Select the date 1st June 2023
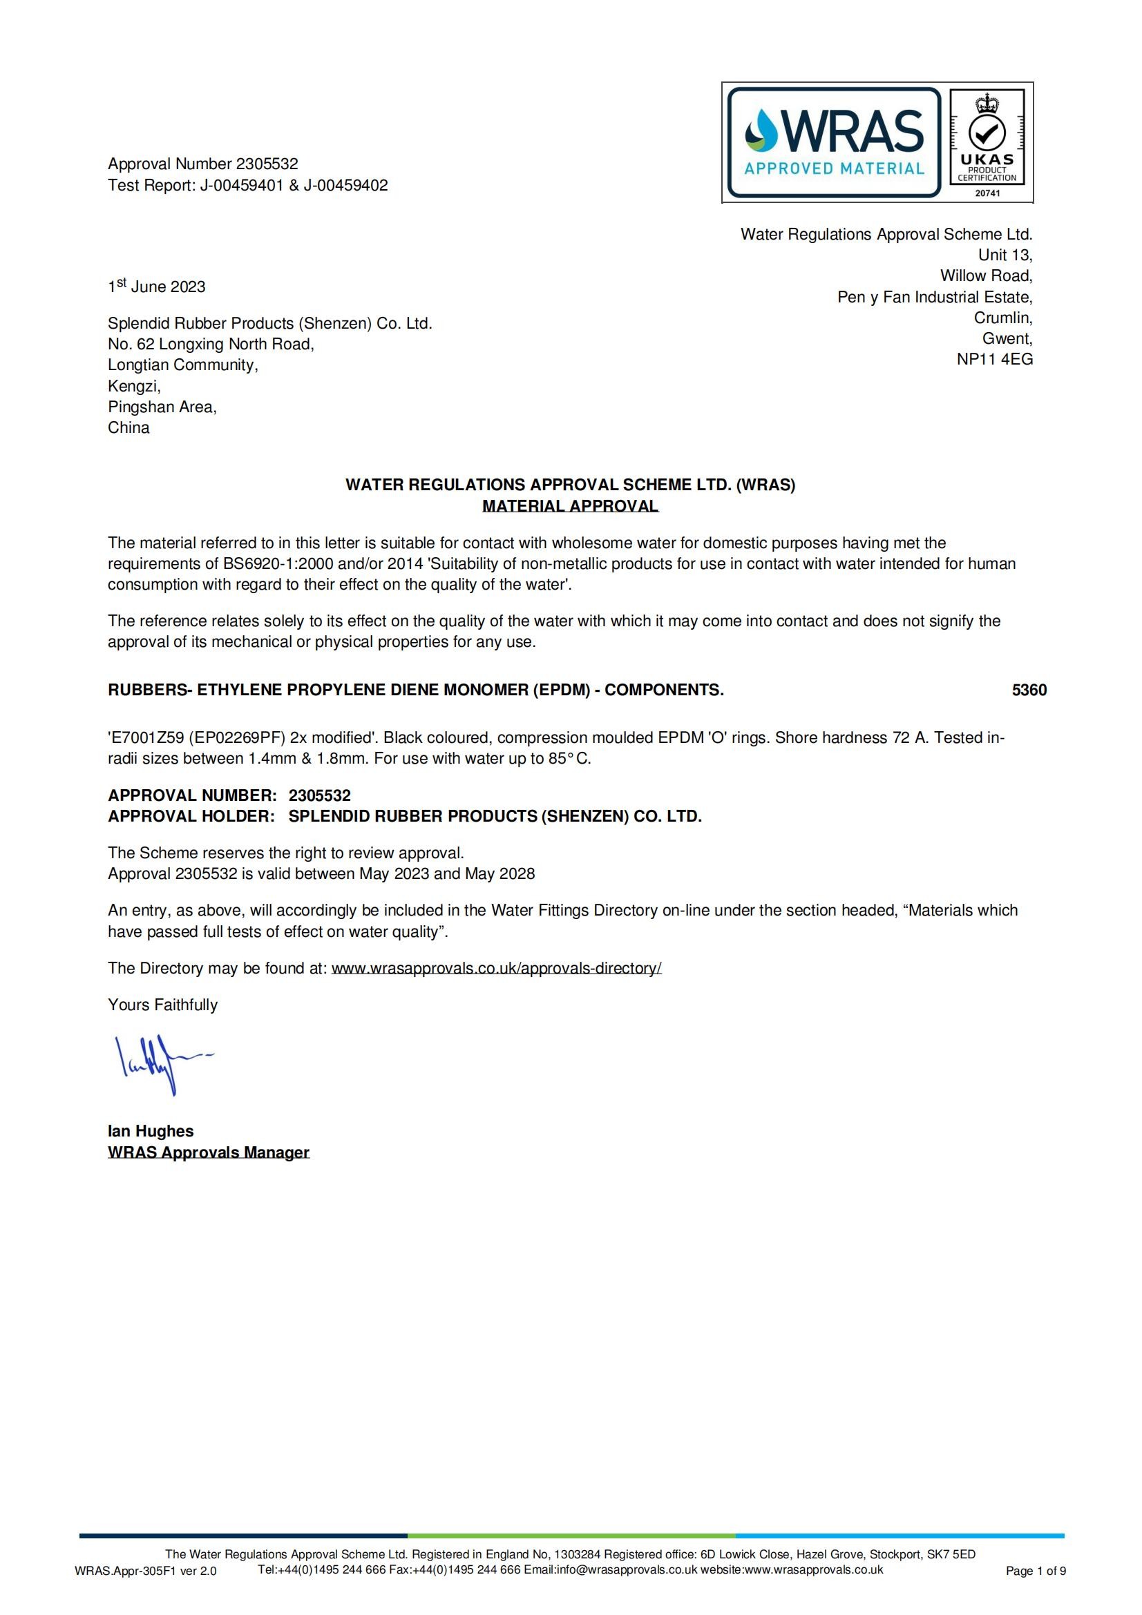(x=156, y=287)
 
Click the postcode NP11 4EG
(x=994, y=360)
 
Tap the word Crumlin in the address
(x=1002, y=318)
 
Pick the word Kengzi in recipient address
(x=134, y=386)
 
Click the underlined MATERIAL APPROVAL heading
(x=570, y=505)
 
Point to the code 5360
(x=1029, y=690)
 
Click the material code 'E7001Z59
(x=146, y=738)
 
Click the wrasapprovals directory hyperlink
(x=496, y=969)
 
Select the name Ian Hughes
(x=151, y=1131)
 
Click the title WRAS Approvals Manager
(x=208, y=1152)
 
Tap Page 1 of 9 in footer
(x=1036, y=1571)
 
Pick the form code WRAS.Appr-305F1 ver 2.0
(x=146, y=1571)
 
